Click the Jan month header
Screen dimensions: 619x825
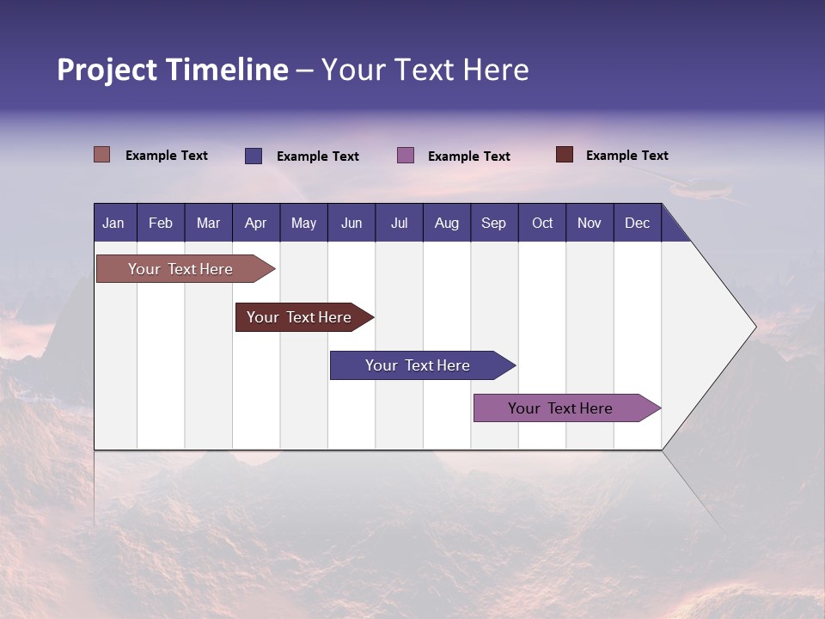pos(113,223)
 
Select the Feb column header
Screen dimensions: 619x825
pos(161,223)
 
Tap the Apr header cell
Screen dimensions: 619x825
pos(255,223)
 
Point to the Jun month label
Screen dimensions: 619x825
pos(351,223)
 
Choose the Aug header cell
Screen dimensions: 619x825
pos(446,223)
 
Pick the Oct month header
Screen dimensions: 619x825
pos(542,223)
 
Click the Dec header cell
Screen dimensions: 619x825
pos(637,223)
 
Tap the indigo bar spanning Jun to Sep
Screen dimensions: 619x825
pos(419,365)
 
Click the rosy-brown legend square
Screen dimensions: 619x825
pos(101,155)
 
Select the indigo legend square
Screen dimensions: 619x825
pos(254,156)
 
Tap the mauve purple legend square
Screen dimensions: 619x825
pos(406,156)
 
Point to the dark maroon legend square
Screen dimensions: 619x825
pos(565,155)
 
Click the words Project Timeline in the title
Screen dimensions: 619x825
pos(173,70)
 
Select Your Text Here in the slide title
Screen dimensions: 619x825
pos(425,70)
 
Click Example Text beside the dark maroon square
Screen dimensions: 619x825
pos(626,156)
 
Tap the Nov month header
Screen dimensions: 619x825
pos(590,223)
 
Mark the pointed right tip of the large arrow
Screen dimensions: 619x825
pos(754,326)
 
